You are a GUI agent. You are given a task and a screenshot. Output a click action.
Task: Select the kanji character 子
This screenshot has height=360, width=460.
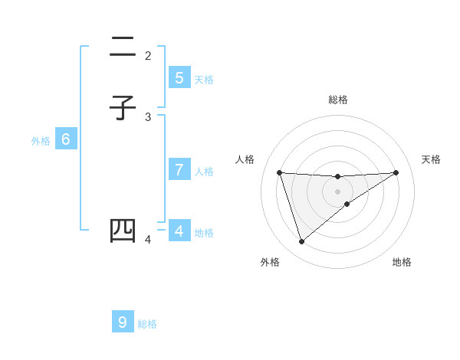pyautogui.click(x=123, y=108)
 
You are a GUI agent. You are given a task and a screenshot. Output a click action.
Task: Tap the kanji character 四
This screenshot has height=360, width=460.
pyautogui.click(x=123, y=231)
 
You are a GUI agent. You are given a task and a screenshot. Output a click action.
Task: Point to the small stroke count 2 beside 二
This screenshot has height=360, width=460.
pyautogui.click(x=148, y=55)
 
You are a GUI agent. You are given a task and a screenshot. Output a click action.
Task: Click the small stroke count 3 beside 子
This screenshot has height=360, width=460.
pyautogui.click(x=148, y=116)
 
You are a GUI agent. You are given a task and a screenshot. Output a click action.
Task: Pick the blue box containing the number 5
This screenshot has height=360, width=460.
pyautogui.click(x=179, y=78)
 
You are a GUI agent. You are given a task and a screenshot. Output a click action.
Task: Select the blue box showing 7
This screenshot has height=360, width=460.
pyautogui.click(x=179, y=170)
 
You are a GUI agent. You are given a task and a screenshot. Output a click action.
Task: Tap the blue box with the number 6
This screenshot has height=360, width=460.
pyautogui.click(x=66, y=139)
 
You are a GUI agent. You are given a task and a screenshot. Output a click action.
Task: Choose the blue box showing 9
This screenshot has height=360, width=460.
pyautogui.click(x=123, y=322)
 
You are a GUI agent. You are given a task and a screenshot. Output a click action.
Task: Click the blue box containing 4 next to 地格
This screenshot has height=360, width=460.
pyautogui.click(x=179, y=231)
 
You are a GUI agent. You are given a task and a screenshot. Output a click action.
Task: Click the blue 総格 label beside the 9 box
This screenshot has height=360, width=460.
pyautogui.click(x=147, y=324)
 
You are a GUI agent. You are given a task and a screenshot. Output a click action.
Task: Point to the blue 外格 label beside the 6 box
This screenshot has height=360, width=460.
pyautogui.click(x=41, y=141)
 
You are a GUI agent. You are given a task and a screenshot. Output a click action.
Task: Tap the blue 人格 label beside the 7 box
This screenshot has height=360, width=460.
pyautogui.click(x=204, y=172)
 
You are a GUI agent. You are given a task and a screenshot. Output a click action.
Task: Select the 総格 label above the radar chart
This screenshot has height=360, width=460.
pyautogui.click(x=337, y=100)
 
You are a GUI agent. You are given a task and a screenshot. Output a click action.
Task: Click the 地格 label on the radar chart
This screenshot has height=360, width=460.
pyautogui.click(x=402, y=262)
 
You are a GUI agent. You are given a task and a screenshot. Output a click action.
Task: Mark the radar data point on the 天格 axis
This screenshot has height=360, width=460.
pyautogui.click(x=396, y=172)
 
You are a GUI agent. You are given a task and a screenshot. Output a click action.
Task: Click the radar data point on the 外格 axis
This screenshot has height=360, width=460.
pyautogui.click(x=301, y=242)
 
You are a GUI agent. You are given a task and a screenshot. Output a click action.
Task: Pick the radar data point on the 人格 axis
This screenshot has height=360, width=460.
pyautogui.click(x=279, y=172)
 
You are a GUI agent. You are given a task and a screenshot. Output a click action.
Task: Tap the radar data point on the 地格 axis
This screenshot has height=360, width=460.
pyautogui.click(x=347, y=204)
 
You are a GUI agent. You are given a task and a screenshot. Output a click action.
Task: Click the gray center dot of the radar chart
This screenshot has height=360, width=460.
pyautogui.click(x=337, y=191)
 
